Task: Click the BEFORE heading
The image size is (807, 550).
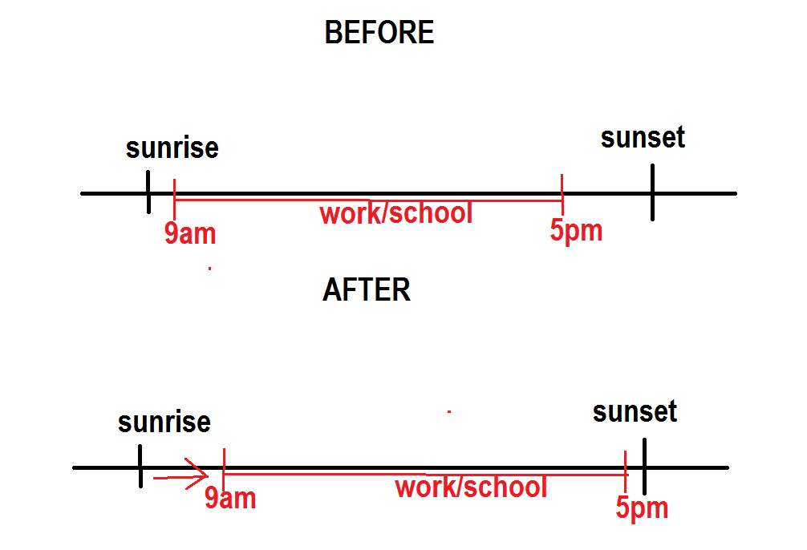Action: point(379,33)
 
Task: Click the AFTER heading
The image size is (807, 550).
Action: point(367,289)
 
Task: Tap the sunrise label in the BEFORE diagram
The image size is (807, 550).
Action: point(172,148)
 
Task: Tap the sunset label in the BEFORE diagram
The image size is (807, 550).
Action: point(643,137)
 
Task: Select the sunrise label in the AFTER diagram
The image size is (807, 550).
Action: point(164,422)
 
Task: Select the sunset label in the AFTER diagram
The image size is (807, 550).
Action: point(635,412)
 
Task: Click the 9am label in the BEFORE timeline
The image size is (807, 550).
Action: point(190,233)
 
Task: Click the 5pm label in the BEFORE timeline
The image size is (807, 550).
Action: point(576,231)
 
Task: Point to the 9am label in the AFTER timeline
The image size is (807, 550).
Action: point(230,498)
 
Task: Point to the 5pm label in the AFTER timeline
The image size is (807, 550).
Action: point(642,508)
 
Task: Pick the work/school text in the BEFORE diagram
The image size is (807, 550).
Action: point(396,214)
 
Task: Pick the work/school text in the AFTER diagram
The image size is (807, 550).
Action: point(471,487)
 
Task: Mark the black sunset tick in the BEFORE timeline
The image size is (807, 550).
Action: point(652,192)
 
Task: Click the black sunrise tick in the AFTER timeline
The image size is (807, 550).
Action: point(140,466)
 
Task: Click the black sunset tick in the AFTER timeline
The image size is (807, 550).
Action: point(644,466)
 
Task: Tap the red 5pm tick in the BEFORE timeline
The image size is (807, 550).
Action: point(562,193)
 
